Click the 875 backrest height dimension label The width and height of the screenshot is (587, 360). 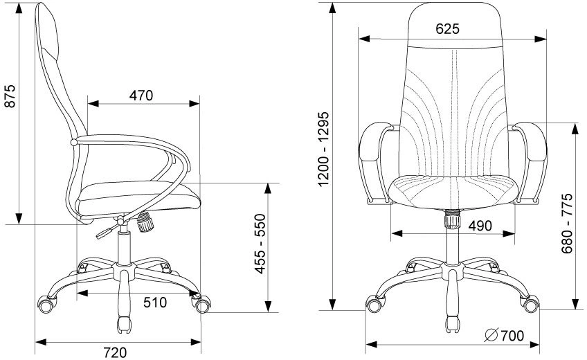(x=11, y=96)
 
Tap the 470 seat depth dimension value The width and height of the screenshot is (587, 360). (x=141, y=96)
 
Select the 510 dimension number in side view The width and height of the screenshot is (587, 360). (x=155, y=303)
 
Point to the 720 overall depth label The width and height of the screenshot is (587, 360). (x=115, y=352)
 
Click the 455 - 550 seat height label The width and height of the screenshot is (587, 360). (x=260, y=244)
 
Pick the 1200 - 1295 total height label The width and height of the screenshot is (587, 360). (x=323, y=149)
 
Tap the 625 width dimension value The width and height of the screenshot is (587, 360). (x=447, y=29)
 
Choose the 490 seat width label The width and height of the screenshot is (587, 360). (x=480, y=226)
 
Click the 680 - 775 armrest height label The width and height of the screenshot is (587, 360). (x=567, y=223)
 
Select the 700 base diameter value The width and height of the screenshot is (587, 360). (x=512, y=336)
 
